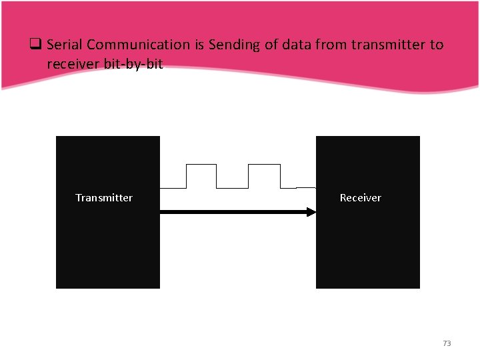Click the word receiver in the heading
[72, 64]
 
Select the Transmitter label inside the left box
[104, 198]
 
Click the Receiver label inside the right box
[361, 198]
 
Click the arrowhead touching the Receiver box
[311, 212]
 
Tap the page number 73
[447, 343]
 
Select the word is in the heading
[198, 45]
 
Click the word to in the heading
[437, 45]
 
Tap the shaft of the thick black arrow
[233, 212]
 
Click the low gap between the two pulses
[233, 187]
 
